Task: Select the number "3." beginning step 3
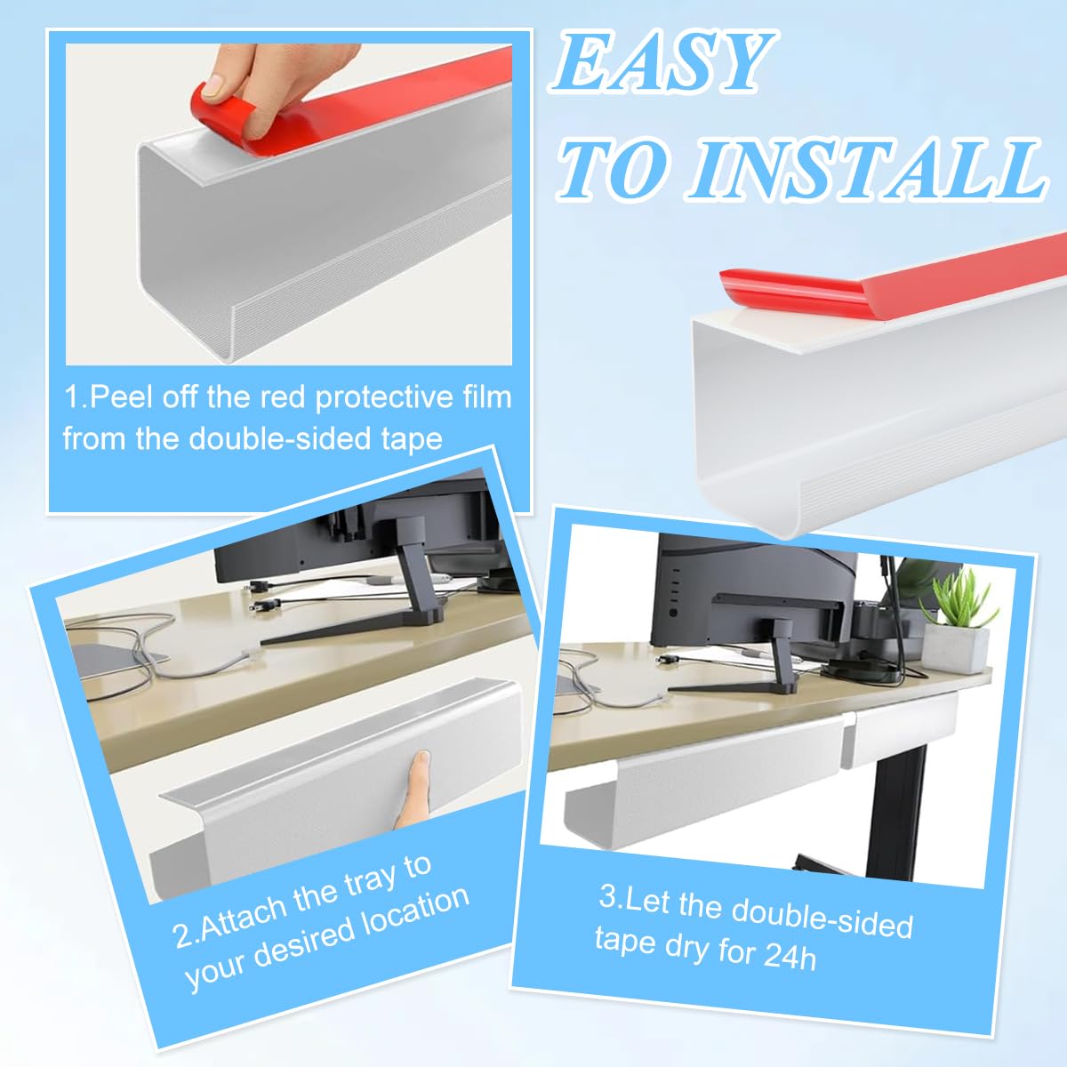tap(611, 896)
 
